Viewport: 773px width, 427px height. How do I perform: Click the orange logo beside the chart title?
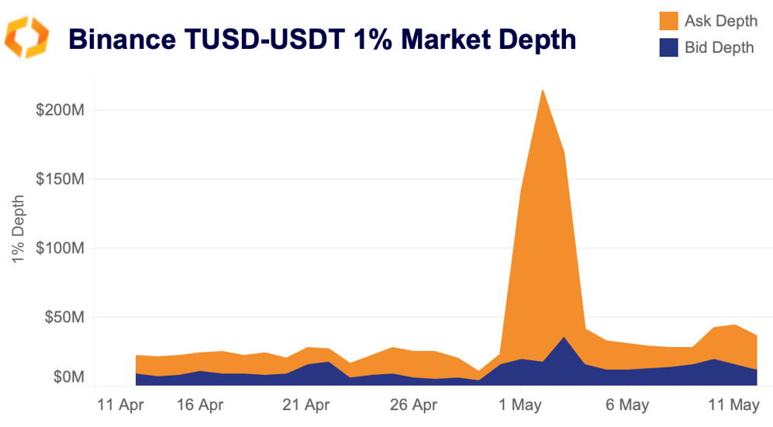(27, 37)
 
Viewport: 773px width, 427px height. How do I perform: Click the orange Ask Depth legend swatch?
(668, 21)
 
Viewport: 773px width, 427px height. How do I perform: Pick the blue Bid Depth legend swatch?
(668, 47)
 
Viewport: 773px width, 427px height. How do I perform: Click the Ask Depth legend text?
(720, 21)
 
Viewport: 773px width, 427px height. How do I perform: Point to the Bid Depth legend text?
(719, 47)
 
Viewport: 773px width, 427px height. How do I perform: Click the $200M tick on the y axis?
(60, 109)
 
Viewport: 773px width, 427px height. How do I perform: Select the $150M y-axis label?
(60, 179)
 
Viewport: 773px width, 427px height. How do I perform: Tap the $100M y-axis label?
(60, 248)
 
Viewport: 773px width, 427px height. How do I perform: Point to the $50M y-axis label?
(63, 318)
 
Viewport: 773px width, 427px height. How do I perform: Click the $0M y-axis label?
(67, 377)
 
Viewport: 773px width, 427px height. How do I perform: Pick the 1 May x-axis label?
(519, 404)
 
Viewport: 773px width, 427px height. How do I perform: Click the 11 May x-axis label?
(733, 404)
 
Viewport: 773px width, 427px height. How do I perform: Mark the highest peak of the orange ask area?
(542, 90)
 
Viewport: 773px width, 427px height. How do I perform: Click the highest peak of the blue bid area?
(564, 337)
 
